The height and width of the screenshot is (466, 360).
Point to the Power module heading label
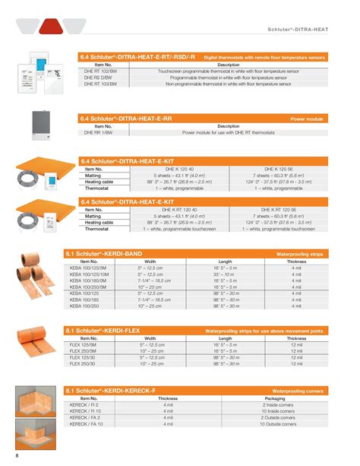coord(308,119)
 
